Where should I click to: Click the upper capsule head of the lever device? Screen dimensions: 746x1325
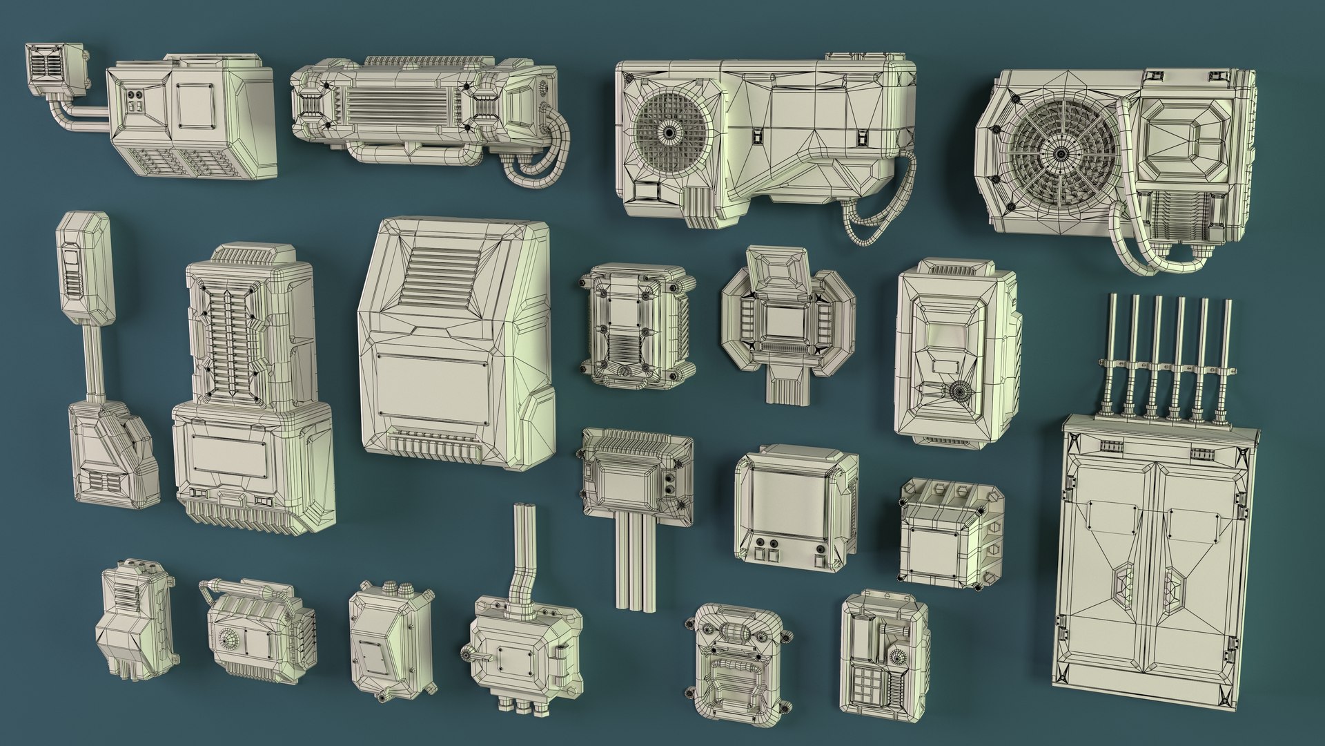pos(84,269)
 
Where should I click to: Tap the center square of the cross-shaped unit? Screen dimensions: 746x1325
pos(786,318)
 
